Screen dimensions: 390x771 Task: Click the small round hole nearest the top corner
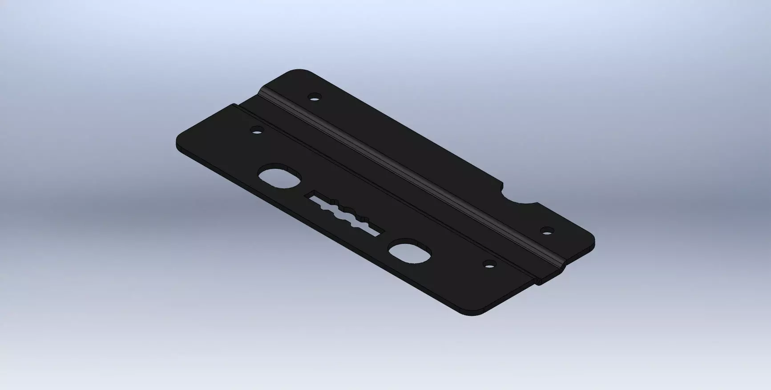point(315,96)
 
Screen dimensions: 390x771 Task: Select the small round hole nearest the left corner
point(257,131)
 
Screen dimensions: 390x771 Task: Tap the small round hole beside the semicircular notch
point(547,230)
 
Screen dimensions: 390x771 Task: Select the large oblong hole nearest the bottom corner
point(410,251)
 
